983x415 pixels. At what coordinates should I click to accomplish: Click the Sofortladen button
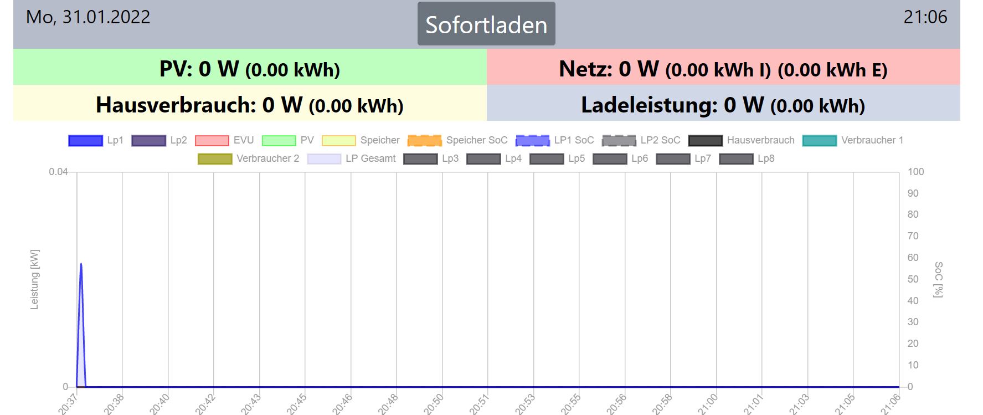pos(486,24)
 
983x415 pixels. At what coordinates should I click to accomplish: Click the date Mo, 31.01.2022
pos(88,17)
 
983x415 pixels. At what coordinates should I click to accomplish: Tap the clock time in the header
pos(925,17)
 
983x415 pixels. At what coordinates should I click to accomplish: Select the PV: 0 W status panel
pos(250,69)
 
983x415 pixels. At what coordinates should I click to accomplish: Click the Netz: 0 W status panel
pos(723,69)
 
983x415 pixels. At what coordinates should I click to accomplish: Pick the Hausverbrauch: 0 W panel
pos(250,104)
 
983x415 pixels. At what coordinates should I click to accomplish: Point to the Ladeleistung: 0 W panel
pos(723,104)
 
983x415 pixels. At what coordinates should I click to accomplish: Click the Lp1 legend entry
pos(96,140)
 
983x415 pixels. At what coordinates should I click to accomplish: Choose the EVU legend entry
pos(224,140)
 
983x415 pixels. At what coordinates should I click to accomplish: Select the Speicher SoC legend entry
pos(457,140)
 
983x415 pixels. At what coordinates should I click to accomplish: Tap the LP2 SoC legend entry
pos(641,140)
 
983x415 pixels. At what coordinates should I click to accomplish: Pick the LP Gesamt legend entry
pos(352,158)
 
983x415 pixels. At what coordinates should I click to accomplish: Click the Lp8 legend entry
pos(747,158)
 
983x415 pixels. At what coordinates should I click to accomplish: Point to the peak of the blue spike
pos(81,264)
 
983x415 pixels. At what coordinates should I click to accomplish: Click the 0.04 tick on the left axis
pos(58,172)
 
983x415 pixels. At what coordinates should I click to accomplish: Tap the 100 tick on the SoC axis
pos(915,172)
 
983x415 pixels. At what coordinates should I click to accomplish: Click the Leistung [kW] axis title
pos(34,280)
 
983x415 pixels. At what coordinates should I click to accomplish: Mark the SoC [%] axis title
pos(938,280)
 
